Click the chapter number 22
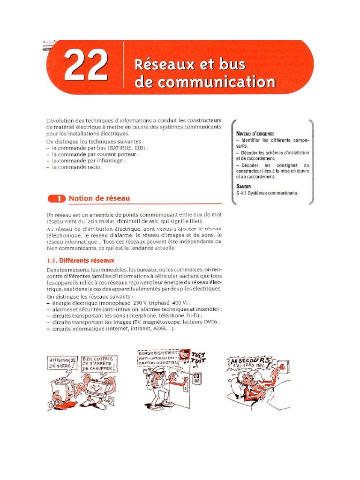(x=85, y=67)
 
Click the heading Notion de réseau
(x=99, y=198)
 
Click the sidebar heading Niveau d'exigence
(x=255, y=134)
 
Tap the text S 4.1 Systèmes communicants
(x=267, y=193)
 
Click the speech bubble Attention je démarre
(x=62, y=362)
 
